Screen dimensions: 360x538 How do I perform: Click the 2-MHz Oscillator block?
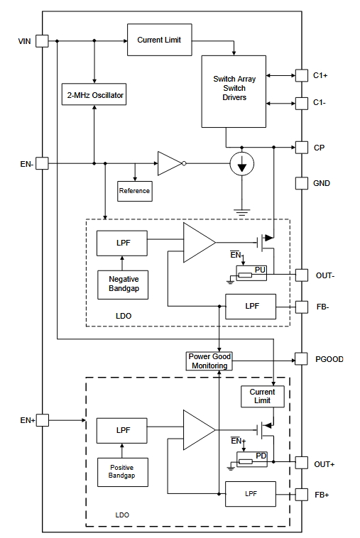(x=94, y=94)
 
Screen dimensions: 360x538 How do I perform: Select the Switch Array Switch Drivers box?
(x=234, y=92)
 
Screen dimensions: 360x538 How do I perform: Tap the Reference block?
(x=135, y=191)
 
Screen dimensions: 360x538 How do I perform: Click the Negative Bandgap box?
(x=123, y=285)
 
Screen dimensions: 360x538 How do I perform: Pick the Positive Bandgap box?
(x=123, y=472)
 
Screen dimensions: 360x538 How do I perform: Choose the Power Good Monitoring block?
(x=209, y=361)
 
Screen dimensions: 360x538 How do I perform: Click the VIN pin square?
(x=42, y=41)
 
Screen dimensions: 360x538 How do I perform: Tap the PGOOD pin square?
(x=301, y=359)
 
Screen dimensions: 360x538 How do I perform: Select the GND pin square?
(x=302, y=183)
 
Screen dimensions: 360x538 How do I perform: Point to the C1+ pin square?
(x=302, y=75)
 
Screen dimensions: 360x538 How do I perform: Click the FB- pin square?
(x=302, y=307)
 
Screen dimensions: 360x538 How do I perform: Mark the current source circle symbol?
(x=242, y=164)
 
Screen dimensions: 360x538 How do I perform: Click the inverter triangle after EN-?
(x=170, y=164)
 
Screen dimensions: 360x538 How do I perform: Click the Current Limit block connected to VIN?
(x=160, y=40)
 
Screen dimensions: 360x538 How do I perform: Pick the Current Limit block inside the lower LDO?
(x=263, y=397)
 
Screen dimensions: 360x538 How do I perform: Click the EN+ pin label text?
(x=28, y=420)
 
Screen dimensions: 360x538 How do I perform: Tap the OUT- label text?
(x=325, y=275)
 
